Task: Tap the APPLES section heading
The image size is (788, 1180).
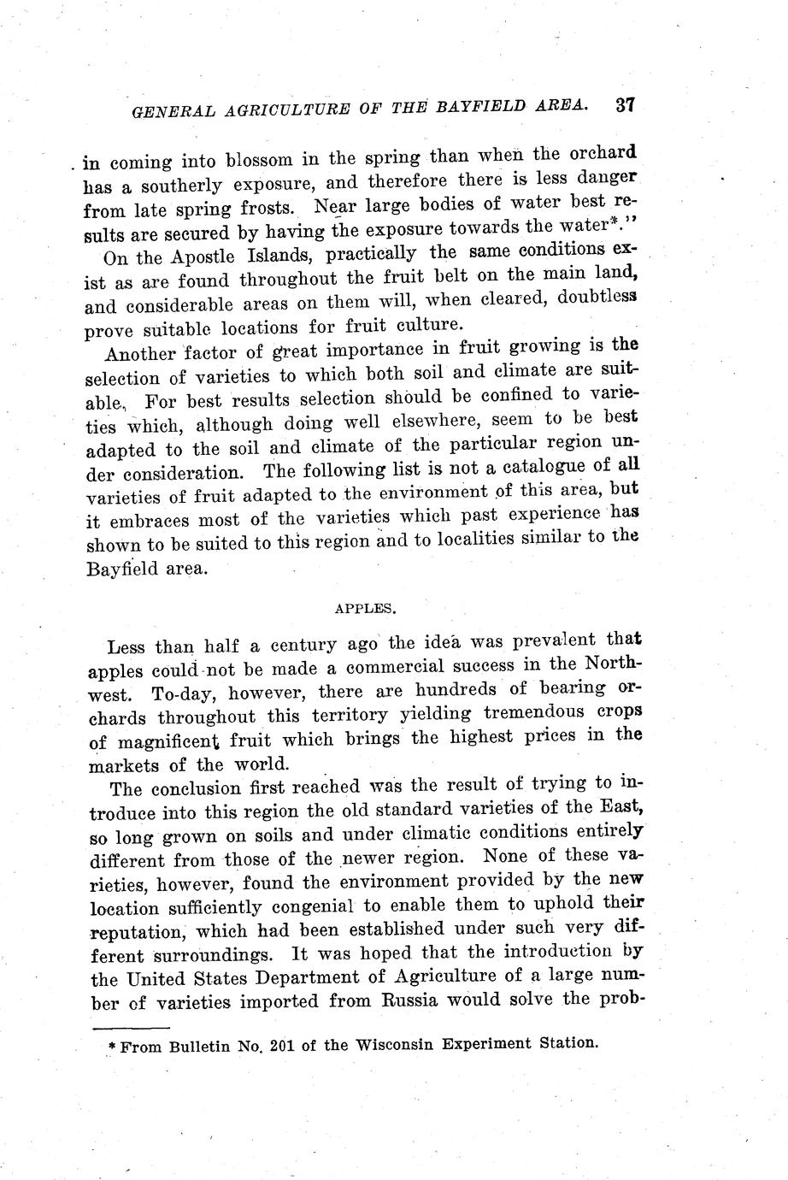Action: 365,609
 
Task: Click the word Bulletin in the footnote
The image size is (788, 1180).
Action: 203,1047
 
